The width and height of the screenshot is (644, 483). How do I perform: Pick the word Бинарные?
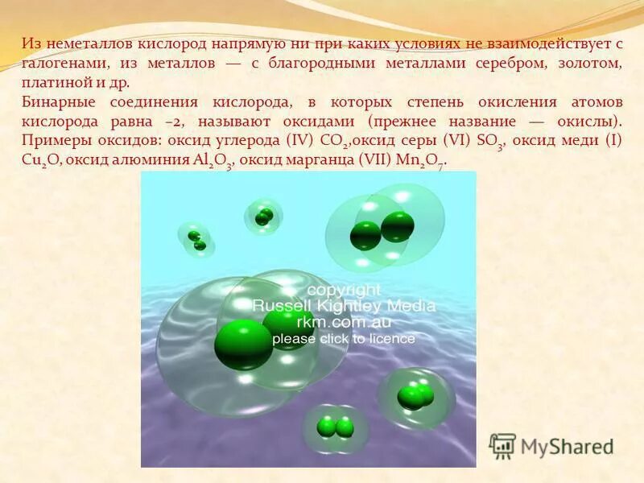57,103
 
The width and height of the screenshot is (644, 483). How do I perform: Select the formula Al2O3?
213,160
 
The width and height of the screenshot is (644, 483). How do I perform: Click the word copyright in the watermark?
344,289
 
